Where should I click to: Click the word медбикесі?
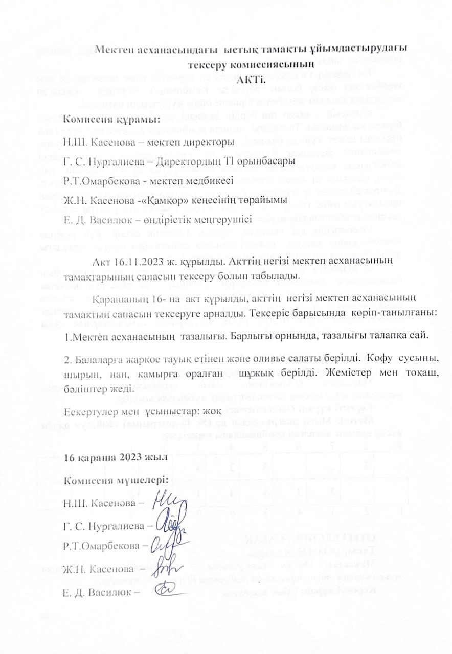click(x=212, y=180)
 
